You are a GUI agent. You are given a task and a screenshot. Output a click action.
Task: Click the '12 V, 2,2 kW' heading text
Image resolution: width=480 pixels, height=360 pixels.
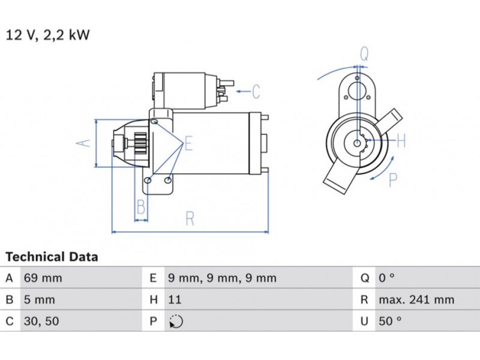pos(48,35)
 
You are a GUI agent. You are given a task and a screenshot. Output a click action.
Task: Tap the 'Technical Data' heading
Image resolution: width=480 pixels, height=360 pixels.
pos(52,257)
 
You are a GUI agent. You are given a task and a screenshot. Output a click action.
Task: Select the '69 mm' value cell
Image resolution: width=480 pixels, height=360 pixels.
pos(43,278)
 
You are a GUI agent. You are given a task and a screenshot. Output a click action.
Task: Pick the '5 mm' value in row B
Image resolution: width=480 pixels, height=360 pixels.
pos(39,300)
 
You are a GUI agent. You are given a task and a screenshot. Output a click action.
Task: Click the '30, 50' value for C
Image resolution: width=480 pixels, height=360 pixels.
pos(41,322)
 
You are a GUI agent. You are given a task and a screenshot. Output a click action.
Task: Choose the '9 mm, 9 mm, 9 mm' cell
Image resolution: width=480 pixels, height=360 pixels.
pos(222,278)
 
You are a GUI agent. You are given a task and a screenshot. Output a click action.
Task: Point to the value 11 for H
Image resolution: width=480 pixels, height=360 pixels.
pos(175,300)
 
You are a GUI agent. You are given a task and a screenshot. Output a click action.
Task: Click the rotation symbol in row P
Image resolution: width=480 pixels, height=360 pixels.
pos(176,322)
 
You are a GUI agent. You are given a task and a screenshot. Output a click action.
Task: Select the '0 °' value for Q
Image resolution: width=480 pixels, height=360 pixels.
pos(386,278)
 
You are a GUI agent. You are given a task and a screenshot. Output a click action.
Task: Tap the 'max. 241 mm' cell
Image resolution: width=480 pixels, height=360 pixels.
pos(416,300)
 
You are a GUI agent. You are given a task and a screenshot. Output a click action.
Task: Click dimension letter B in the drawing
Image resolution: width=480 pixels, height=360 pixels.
pos(140,208)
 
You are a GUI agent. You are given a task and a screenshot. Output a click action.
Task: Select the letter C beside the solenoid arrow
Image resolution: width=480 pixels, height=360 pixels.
pos(256,92)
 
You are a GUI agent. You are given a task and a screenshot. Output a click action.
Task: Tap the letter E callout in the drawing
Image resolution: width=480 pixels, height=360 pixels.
pos(188,143)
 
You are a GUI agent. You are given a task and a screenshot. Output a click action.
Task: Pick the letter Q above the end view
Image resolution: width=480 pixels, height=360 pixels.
pos(364,53)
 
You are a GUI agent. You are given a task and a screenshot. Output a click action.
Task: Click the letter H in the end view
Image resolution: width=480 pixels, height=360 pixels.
pos(401,142)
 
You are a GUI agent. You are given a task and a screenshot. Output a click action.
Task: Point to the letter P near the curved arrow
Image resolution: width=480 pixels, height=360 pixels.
pos(394,179)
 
